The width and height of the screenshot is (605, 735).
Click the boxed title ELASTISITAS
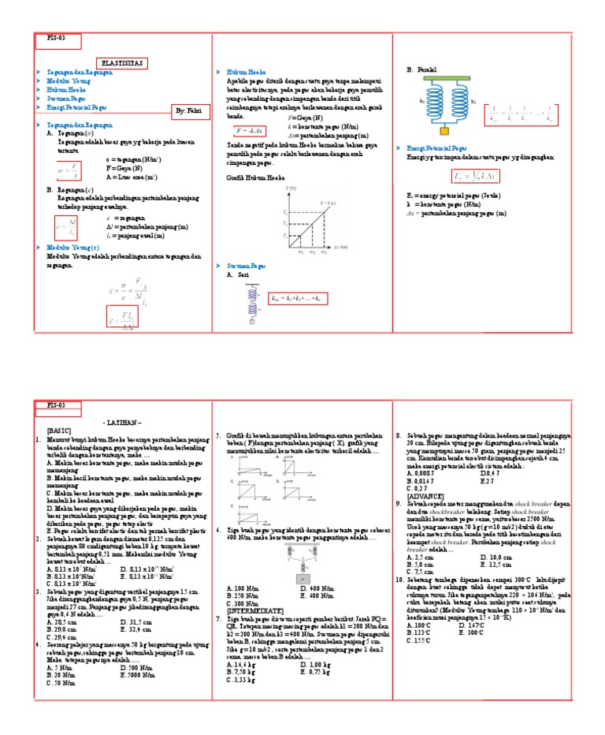pos(121,64)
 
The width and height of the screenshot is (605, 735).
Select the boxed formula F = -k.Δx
pos(251,129)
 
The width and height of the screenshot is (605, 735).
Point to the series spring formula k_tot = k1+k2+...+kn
pos(298,299)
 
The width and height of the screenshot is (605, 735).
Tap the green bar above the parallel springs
pos(450,80)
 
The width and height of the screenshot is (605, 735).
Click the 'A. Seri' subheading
pos(235,275)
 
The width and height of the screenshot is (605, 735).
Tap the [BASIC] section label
pos(59,431)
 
